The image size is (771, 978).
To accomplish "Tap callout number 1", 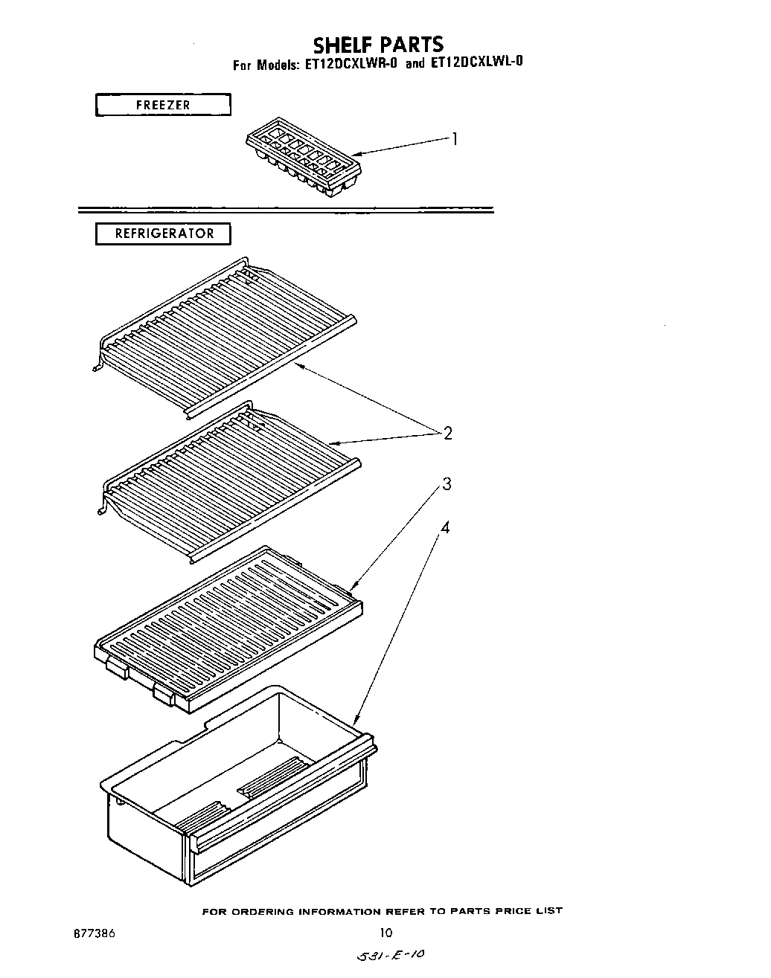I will tap(454, 139).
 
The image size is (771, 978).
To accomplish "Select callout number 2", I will tap(447, 433).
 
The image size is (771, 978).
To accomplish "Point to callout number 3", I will tap(447, 485).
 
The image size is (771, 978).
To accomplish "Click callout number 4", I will tap(444, 528).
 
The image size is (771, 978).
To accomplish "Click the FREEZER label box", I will tap(163, 105).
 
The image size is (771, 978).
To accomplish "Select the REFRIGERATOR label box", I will tap(163, 234).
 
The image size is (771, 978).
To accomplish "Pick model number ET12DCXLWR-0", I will tap(350, 65).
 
